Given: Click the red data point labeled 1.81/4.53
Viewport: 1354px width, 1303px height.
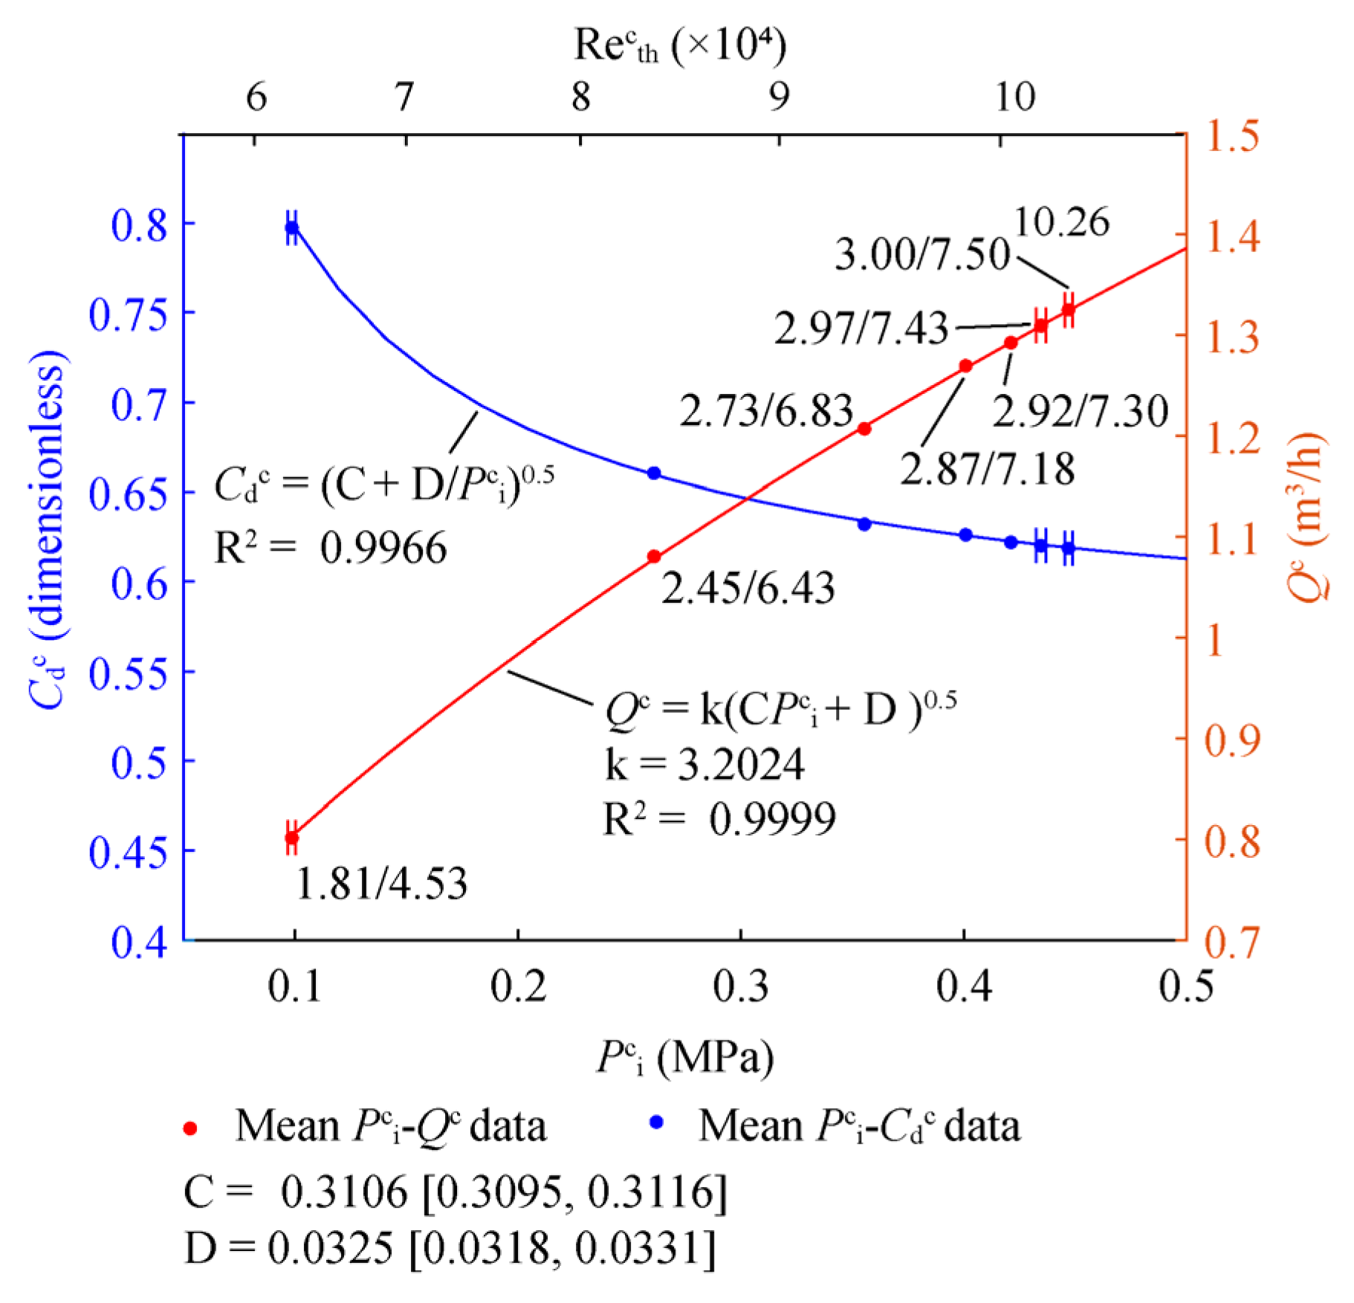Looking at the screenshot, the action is (292, 838).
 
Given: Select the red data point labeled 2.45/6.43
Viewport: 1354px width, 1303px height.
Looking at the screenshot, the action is (654, 557).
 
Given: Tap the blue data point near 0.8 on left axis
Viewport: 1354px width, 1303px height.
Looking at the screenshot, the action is (292, 227).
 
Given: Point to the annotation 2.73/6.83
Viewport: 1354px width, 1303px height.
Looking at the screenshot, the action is (766, 410).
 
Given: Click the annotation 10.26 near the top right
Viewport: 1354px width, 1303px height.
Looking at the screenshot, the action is (1061, 222).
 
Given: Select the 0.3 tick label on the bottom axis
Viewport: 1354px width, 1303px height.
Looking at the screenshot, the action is (741, 987).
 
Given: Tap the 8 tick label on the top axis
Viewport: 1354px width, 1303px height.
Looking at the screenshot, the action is (581, 96).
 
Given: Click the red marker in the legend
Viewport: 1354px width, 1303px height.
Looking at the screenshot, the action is (190, 1128).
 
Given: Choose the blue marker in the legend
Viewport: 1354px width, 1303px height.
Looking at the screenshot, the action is (656, 1122).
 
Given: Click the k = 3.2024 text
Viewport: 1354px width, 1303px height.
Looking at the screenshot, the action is (704, 764).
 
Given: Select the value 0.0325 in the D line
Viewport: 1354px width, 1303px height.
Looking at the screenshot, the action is (331, 1247).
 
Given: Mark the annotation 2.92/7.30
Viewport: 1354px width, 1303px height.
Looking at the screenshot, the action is (1081, 411).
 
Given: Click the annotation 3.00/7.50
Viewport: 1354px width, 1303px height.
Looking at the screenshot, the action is (921, 254).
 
